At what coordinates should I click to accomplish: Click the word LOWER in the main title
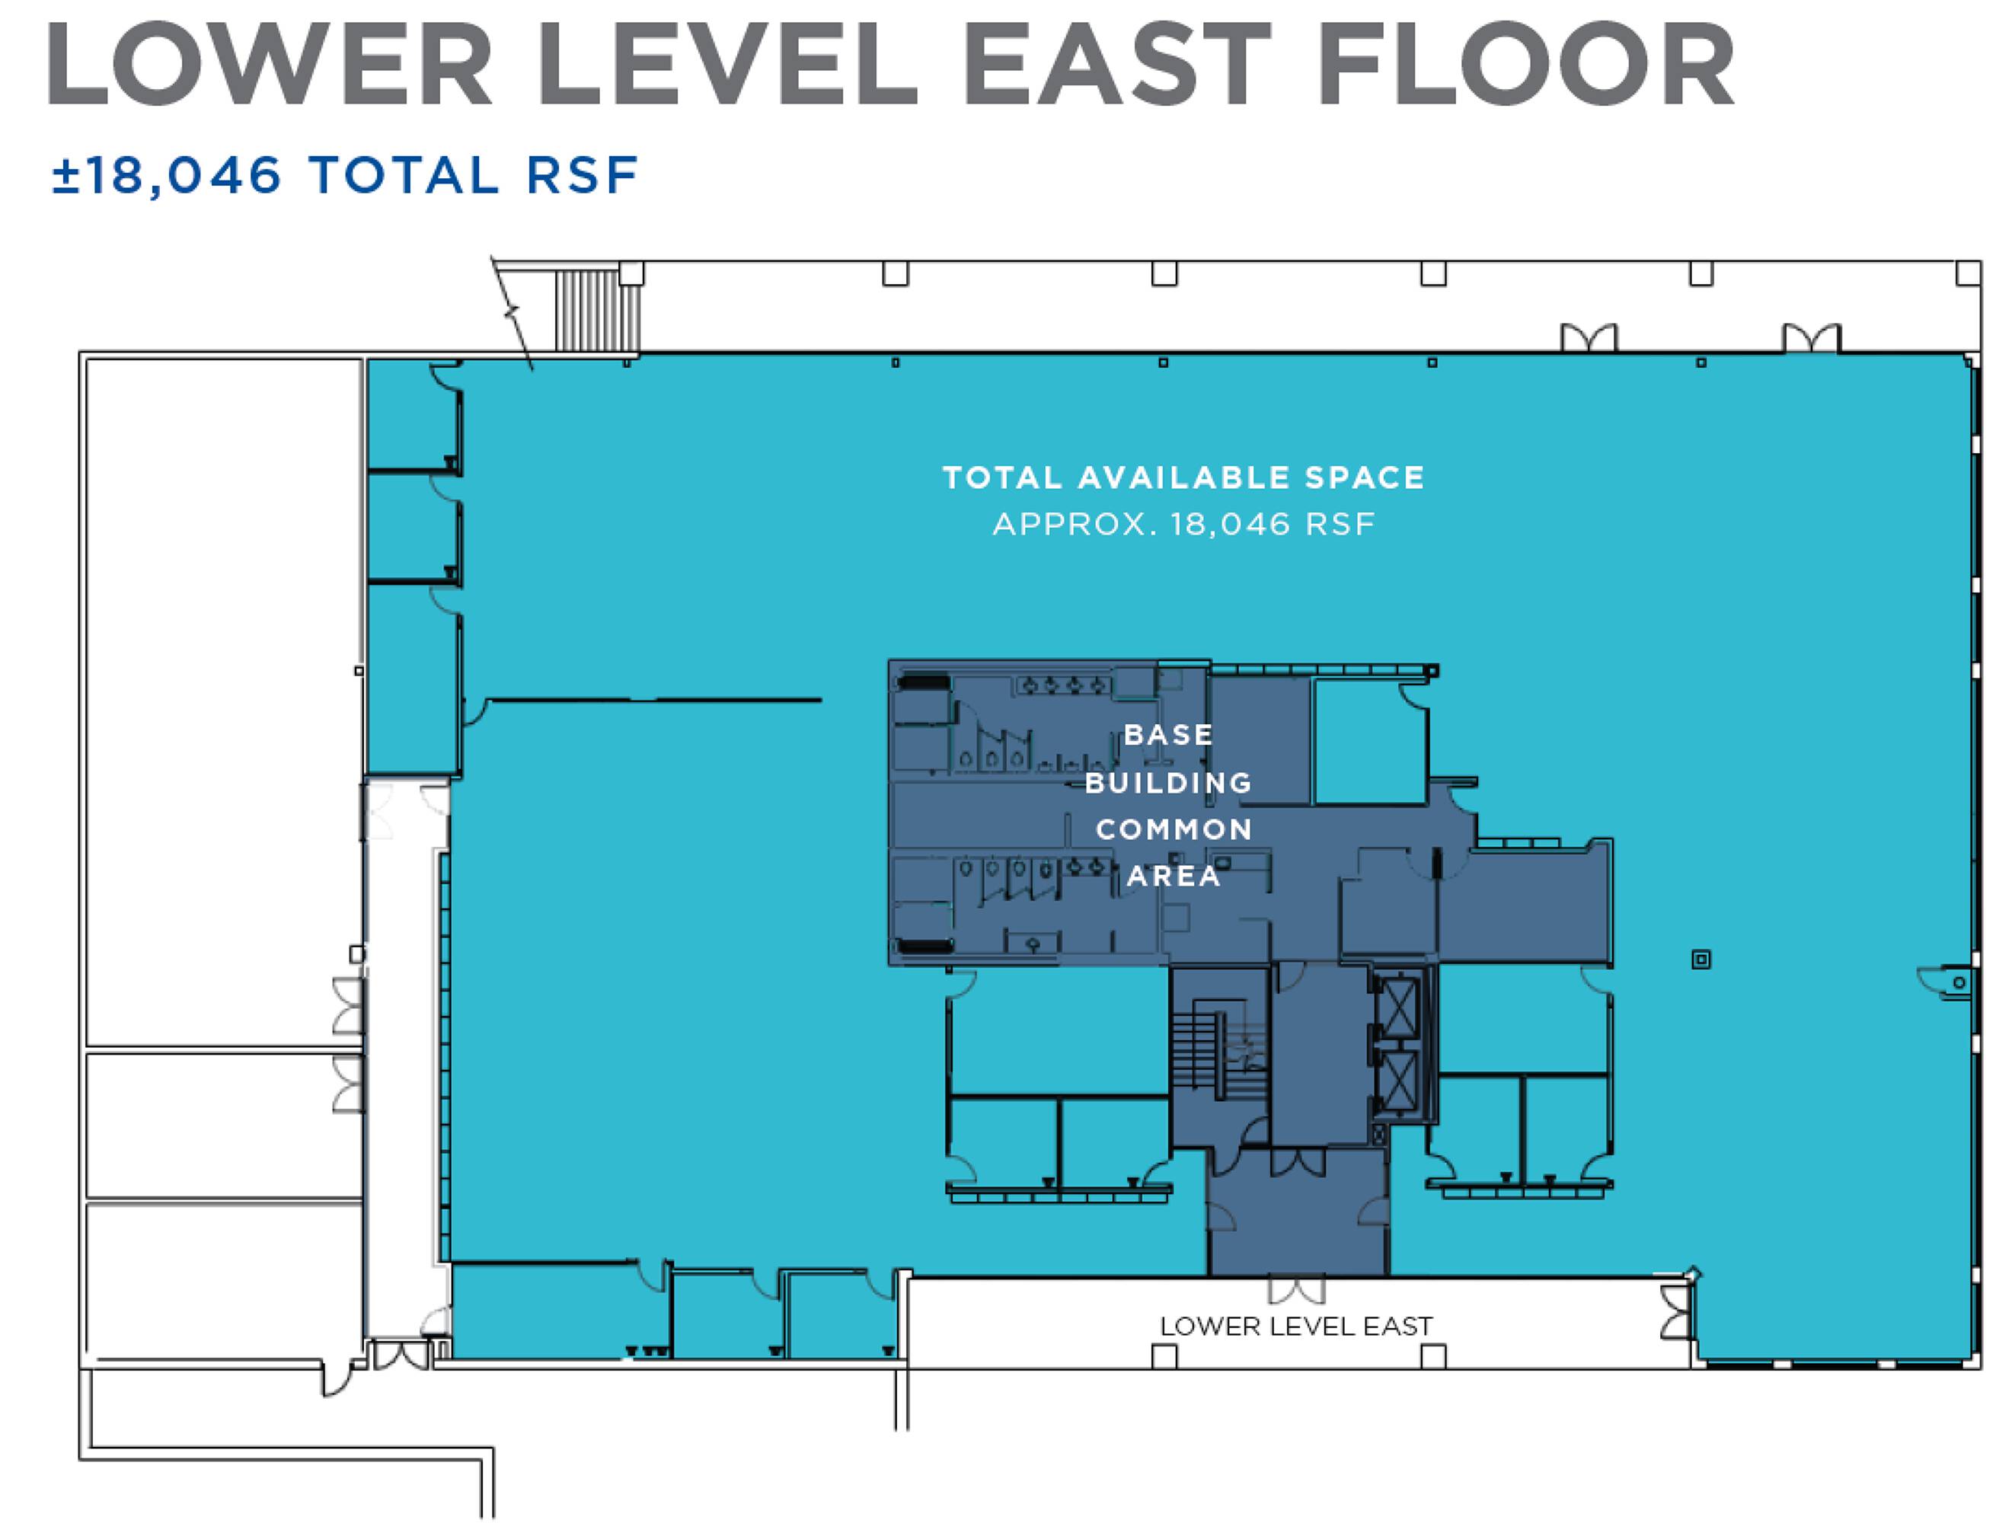coord(271,65)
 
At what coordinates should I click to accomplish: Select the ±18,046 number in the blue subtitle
coord(167,176)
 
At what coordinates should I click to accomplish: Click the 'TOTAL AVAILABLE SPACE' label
coord(1183,477)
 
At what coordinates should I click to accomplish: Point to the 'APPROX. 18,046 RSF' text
coord(1183,525)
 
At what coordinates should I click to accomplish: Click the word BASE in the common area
coord(1169,734)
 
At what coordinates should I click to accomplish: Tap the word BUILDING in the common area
coord(1169,783)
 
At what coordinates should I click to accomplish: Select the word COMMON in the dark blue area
coord(1174,830)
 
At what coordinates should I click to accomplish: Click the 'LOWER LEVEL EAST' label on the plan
coord(1296,1327)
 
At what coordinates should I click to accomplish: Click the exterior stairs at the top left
coord(599,310)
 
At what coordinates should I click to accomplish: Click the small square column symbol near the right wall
coord(1700,959)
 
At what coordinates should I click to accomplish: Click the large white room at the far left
coord(224,702)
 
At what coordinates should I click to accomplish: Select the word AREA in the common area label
coord(1174,876)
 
